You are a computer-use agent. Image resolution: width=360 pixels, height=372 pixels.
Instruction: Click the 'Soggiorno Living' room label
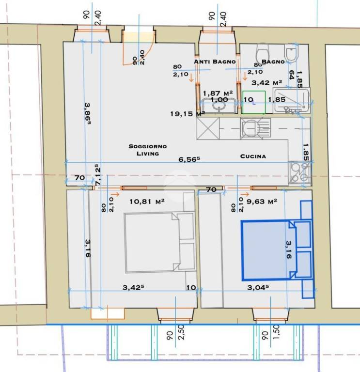click(148, 150)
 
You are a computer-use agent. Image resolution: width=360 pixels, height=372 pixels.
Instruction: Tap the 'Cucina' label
click(253, 156)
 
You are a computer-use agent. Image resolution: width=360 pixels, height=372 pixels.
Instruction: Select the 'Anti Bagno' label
click(215, 62)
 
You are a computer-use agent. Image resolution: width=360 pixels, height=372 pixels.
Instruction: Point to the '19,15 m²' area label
click(188, 114)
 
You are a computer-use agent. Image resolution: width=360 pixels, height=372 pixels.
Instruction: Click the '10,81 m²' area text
click(147, 201)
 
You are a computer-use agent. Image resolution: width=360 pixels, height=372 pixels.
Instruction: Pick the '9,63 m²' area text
click(262, 201)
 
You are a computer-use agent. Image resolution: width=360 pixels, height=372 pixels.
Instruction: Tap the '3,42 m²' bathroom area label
click(267, 83)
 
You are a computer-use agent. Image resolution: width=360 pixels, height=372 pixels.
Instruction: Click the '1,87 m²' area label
click(218, 93)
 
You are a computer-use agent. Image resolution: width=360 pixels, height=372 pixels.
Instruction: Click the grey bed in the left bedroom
click(160, 242)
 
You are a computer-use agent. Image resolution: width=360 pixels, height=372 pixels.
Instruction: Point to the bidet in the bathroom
click(291, 53)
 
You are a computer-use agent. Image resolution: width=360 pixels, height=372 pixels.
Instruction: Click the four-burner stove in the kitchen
click(300, 173)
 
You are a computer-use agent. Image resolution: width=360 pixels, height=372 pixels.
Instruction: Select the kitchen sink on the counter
click(255, 128)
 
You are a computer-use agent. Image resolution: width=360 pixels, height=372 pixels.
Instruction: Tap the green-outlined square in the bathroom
click(254, 102)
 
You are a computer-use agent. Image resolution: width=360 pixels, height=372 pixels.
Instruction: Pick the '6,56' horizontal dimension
click(189, 159)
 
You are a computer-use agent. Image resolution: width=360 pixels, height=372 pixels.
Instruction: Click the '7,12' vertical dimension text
click(97, 174)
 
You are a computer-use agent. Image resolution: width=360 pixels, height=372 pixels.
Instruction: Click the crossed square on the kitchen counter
click(208, 128)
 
